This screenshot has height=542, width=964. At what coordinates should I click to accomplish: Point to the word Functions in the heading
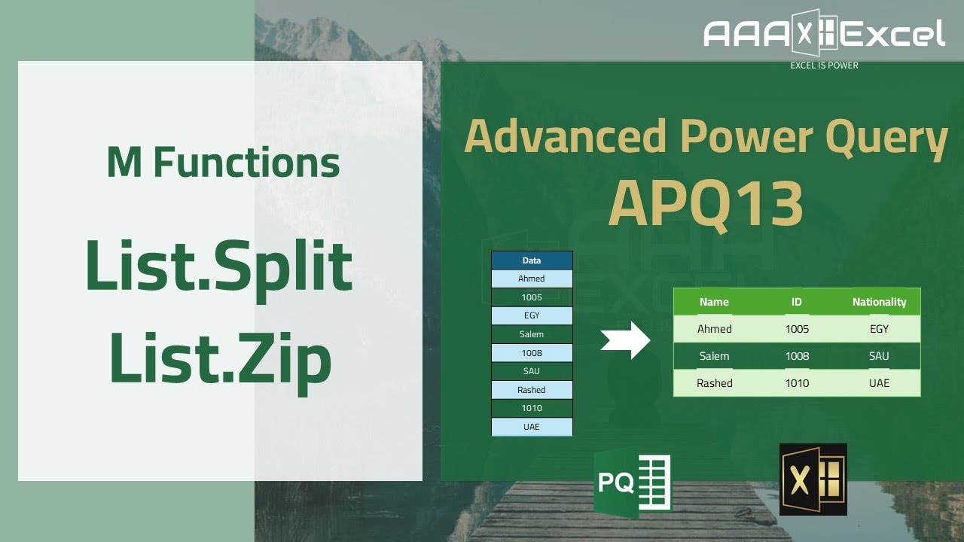click(x=246, y=163)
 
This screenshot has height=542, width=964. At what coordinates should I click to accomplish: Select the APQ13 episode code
click(x=705, y=204)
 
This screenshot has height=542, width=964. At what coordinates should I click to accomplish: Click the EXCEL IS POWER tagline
click(x=824, y=65)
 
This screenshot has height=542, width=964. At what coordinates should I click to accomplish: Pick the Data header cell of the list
click(x=532, y=260)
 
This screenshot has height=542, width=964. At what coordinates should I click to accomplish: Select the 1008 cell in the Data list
click(x=532, y=353)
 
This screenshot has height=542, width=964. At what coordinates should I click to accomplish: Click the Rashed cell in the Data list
click(x=532, y=390)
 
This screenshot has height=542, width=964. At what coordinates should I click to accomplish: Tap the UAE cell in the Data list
click(x=532, y=427)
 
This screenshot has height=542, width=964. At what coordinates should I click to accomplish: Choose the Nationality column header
click(x=879, y=302)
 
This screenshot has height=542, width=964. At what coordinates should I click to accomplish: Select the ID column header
click(x=797, y=302)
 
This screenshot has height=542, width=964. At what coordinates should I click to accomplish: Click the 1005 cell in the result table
click(x=797, y=329)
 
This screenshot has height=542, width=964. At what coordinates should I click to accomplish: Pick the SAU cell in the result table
click(x=879, y=356)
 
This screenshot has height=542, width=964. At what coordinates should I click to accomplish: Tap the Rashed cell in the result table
click(x=715, y=383)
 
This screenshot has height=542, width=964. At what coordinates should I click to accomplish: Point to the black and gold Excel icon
click(x=813, y=480)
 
